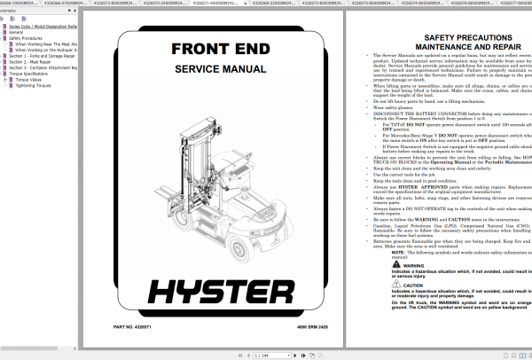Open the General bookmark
pyautogui.click(x=18, y=32)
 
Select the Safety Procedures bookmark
pyautogui.click(x=27, y=39)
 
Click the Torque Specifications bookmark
pyautogui.click(x=32, y=74)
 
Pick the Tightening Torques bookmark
pyautogui.click(x=35, y=86)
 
